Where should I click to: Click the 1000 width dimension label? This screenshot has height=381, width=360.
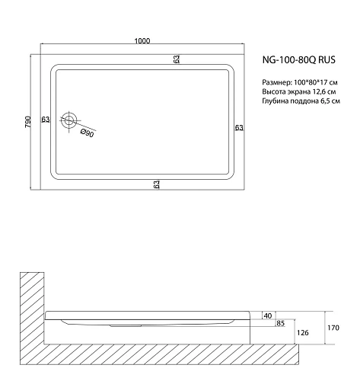pos(141,41)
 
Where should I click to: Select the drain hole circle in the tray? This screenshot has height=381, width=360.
pos(70,120)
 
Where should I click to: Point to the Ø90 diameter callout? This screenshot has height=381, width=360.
pos(87,134)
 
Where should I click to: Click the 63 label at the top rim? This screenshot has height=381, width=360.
pos(176,59)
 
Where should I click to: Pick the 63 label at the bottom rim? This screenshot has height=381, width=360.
pos(155,184)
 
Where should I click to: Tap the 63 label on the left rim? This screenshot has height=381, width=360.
pos(46,120)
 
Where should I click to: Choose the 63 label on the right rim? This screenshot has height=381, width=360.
pos(238,127)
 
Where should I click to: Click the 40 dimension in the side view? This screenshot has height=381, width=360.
pos(267,315)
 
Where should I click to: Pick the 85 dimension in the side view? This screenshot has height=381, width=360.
pos(281,324)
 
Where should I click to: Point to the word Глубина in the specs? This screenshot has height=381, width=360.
pos(276,101)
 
